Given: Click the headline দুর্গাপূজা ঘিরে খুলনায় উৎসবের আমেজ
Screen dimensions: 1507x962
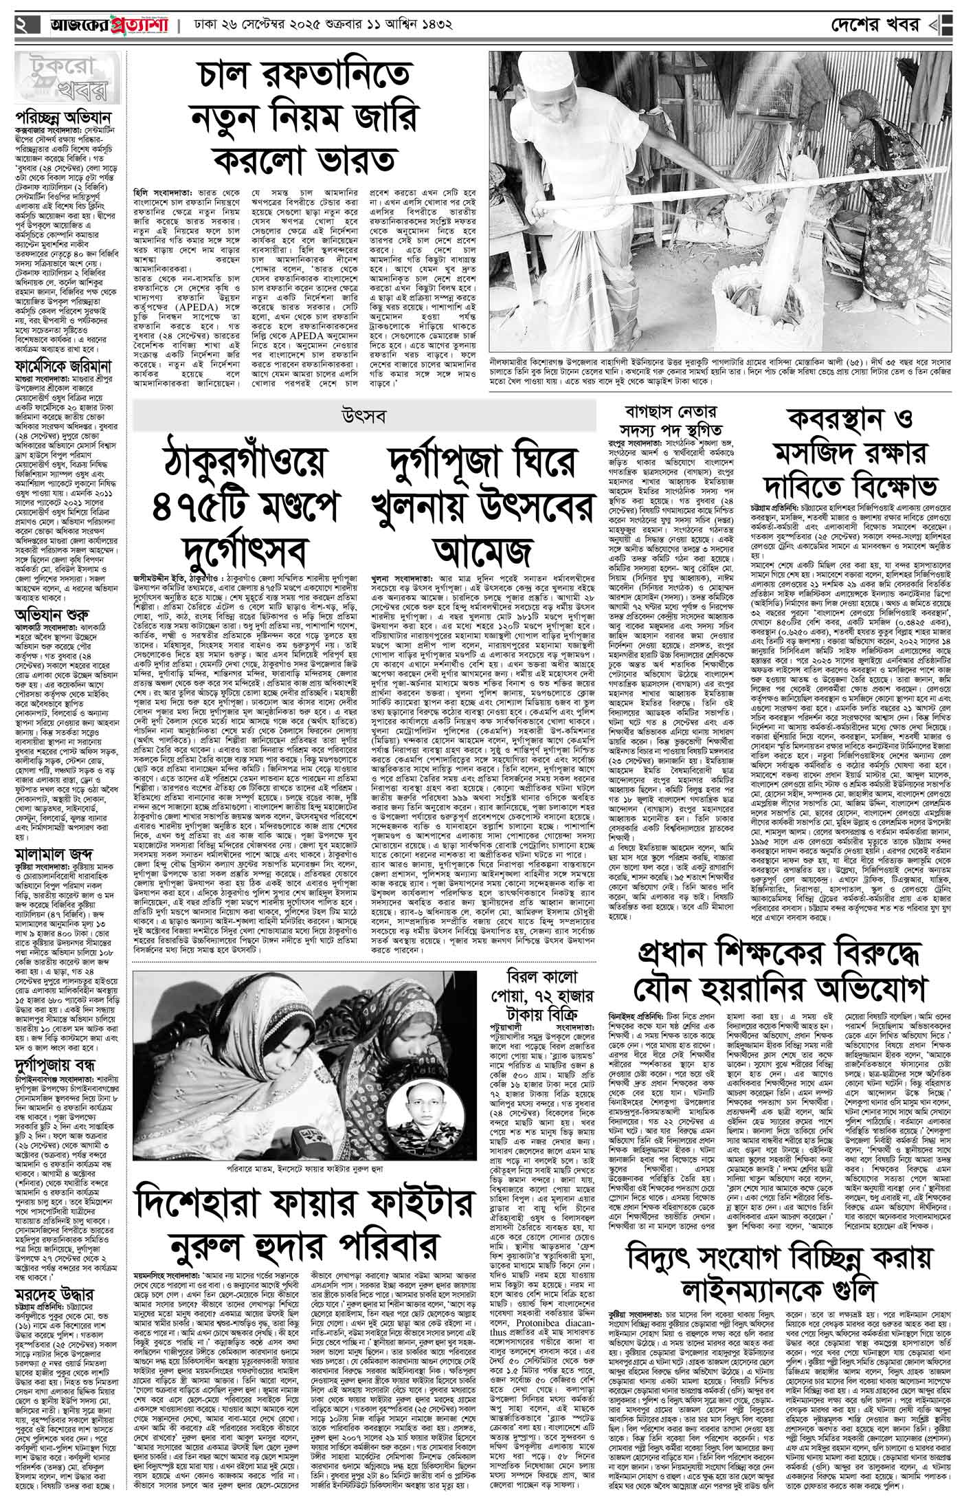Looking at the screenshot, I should [x=481, y=506].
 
